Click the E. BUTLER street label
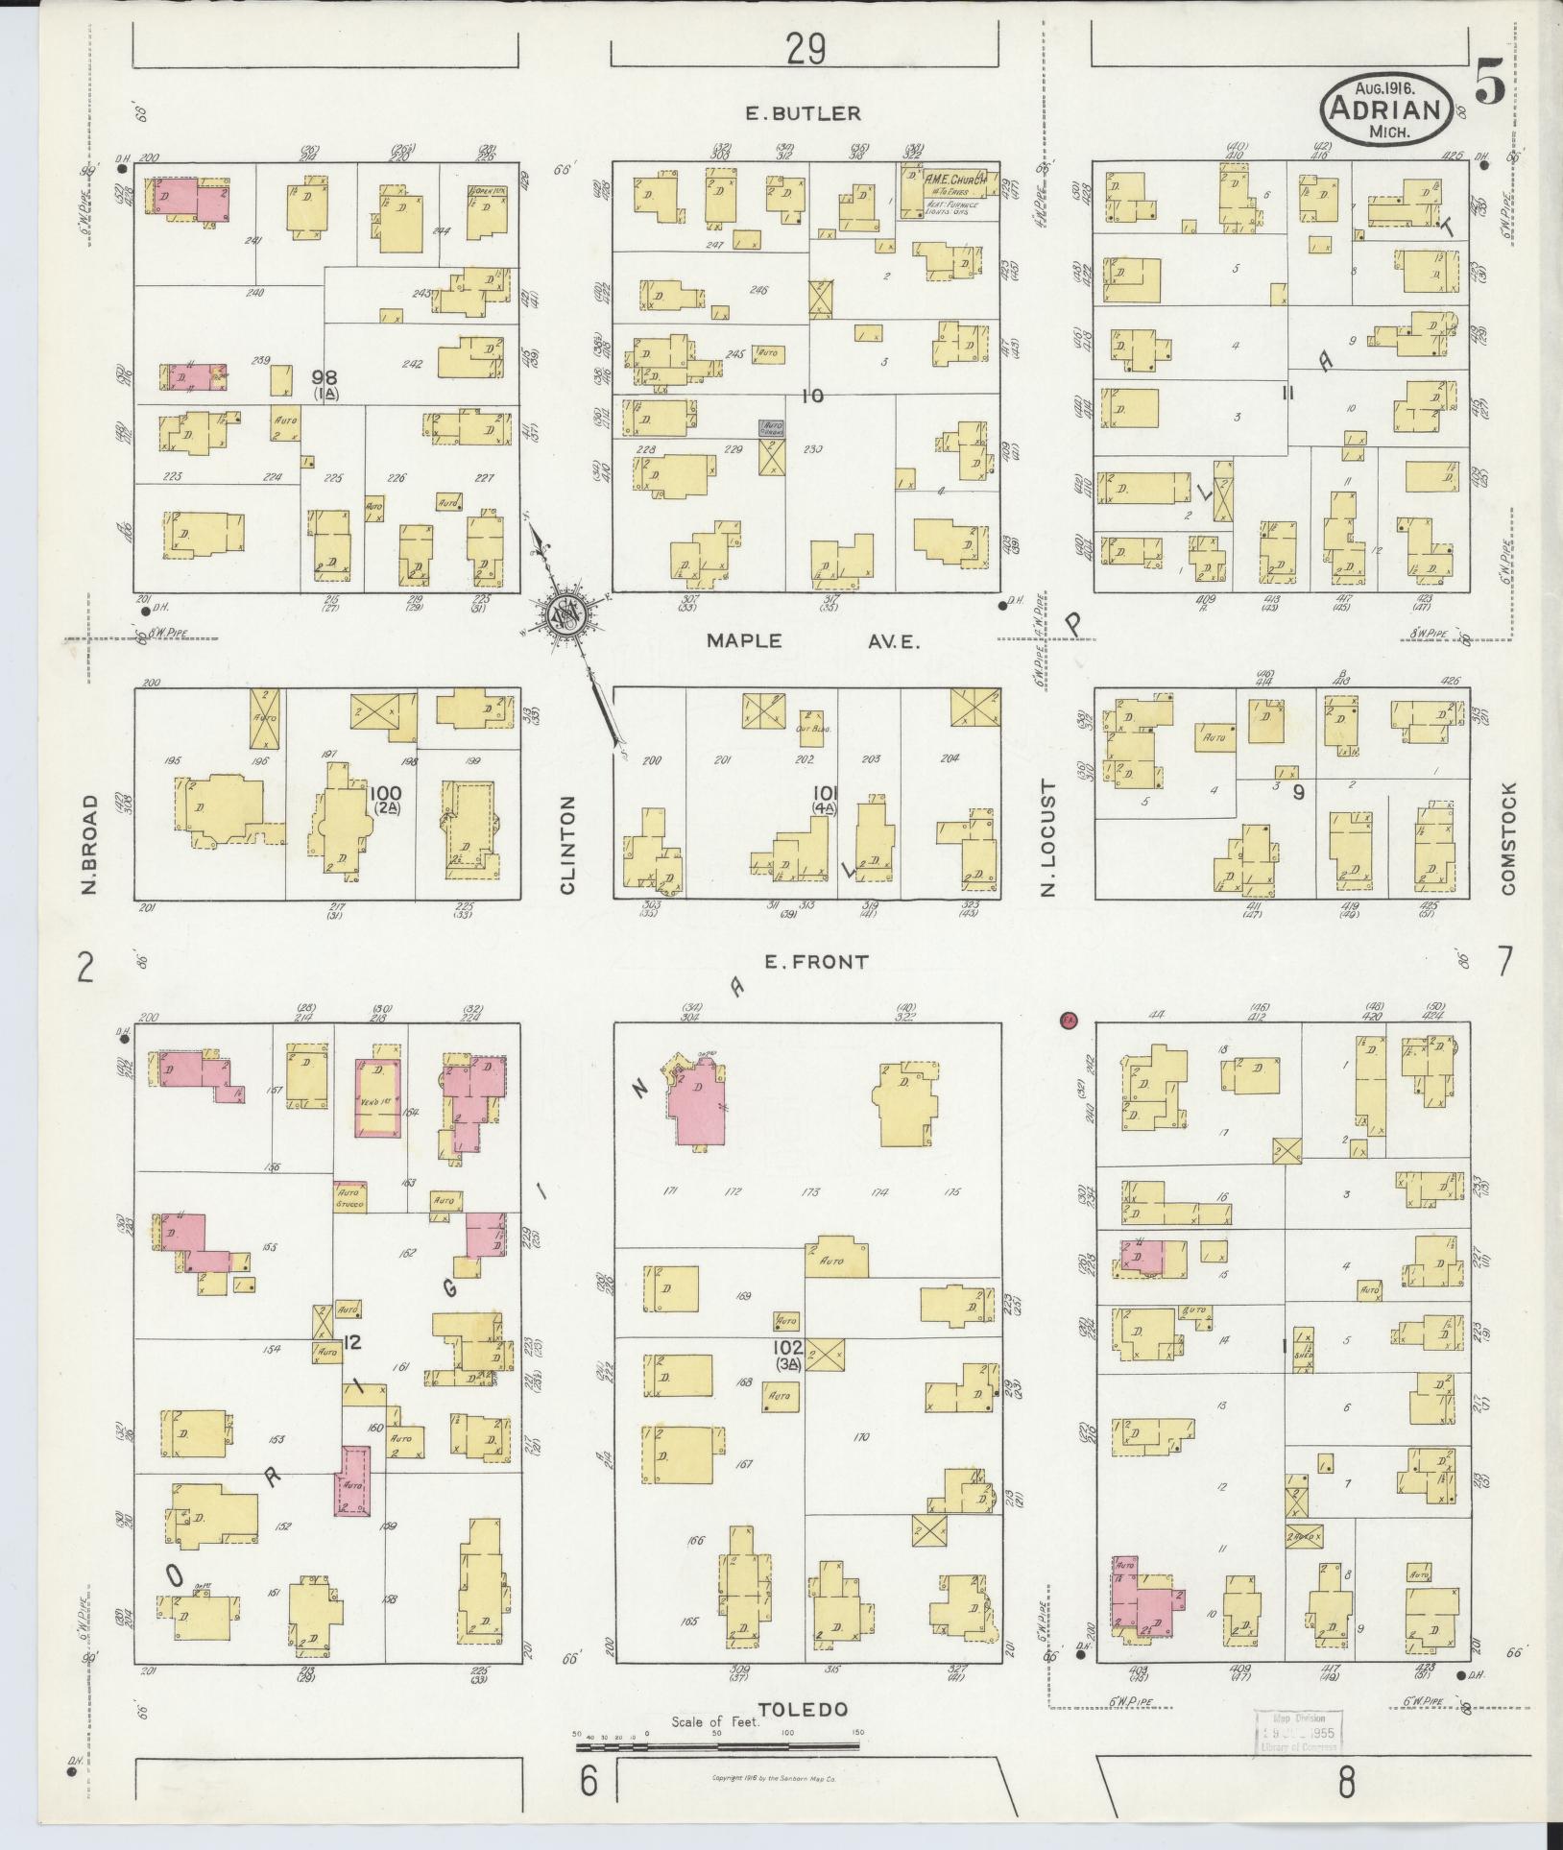803,113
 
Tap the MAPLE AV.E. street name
812,641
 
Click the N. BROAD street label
90,845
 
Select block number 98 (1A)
326,383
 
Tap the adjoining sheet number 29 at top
805,49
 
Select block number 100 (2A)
389,798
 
